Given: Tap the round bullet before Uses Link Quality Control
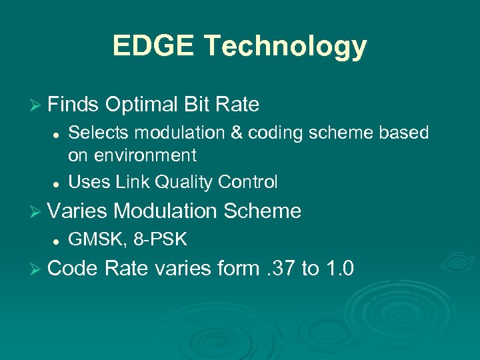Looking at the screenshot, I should coord(58,182).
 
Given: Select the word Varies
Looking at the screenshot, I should coord(77,211).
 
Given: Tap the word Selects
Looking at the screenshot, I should coord(97,133).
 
